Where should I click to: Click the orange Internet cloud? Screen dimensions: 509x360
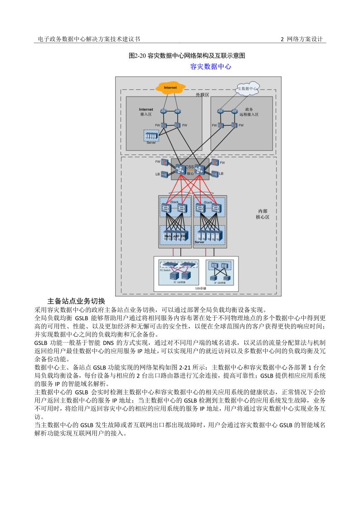click(x=170, y=87)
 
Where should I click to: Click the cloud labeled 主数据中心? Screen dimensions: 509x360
click(x=248, y=89)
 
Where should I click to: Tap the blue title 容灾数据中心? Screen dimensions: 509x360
click(x=210, y=67)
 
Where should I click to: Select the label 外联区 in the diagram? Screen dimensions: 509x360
click(x=202, y=95)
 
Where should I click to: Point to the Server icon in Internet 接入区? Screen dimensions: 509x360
click(x=151, y=136)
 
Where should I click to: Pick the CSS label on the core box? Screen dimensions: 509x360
click(x=190, y=167)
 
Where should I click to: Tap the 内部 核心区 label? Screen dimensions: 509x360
click(x=263, y=214)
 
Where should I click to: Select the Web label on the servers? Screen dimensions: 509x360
click(x=167, y=236)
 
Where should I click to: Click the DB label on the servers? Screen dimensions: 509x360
click(x=183, y=236)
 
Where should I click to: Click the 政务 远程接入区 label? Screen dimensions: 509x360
click(x=249, y=112)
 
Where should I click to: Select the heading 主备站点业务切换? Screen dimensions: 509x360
click(x=76, y=301)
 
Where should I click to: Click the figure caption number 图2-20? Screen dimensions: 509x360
click(x=137, y=56)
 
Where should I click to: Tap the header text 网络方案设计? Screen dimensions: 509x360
click(x=305, y=39)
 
